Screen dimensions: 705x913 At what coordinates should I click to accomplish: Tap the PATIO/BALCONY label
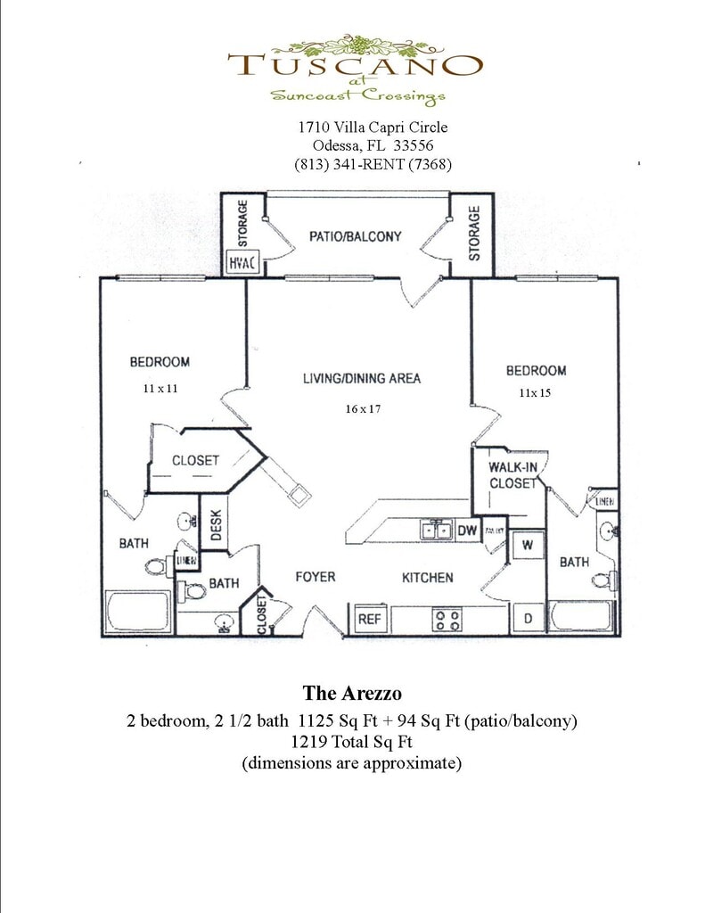355,237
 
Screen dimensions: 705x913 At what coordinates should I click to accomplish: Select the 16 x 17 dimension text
364,408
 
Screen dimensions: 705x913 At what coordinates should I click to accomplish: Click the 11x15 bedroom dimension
535,393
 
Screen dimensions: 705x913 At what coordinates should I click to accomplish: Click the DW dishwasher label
468,531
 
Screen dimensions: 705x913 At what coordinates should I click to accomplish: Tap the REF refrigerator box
369,618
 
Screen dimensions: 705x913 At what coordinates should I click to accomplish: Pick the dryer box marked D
527,617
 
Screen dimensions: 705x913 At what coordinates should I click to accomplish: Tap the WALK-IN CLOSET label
512,475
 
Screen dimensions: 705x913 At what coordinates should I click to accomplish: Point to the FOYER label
315,578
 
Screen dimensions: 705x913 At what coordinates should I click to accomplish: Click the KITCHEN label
428,578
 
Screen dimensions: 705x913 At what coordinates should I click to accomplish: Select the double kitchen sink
438,531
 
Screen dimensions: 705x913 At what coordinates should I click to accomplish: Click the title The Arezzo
353,693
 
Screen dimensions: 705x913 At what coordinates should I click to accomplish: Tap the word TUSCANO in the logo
354,65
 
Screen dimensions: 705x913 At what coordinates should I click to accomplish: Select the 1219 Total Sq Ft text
353,741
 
